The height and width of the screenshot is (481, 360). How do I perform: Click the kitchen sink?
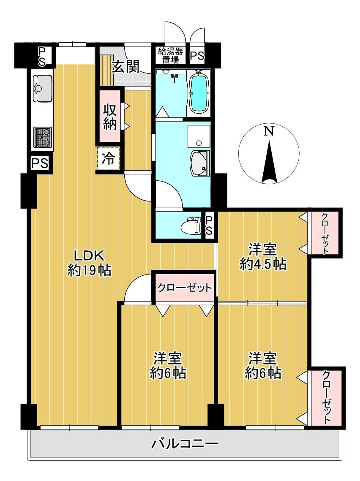point(43,88)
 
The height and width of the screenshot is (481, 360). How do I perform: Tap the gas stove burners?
point(43,137)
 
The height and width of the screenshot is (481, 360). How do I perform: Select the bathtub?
point(199,92)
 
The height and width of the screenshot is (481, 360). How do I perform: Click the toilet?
point(190,225)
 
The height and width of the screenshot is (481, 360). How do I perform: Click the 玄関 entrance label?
point(125,67)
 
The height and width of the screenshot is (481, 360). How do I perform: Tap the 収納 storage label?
point(109,117)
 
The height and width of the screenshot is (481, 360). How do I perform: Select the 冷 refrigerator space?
point(108,159)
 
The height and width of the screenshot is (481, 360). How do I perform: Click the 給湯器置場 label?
point(171,55)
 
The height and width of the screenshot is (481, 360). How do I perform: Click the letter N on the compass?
point(269,131)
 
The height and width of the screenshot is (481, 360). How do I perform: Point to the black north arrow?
point(269,162)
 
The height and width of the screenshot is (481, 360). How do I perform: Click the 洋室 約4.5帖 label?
point(263,256)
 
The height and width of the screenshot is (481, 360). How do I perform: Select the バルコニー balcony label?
point(185,443)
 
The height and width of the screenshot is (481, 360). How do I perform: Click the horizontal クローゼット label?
point(185,288)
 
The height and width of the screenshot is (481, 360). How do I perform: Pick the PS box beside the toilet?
point(209,226)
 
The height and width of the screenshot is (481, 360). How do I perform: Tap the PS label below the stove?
point(40,163)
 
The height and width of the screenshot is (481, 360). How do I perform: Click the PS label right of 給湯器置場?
point(197,56)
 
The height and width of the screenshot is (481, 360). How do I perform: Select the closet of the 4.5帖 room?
point(325,233)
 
